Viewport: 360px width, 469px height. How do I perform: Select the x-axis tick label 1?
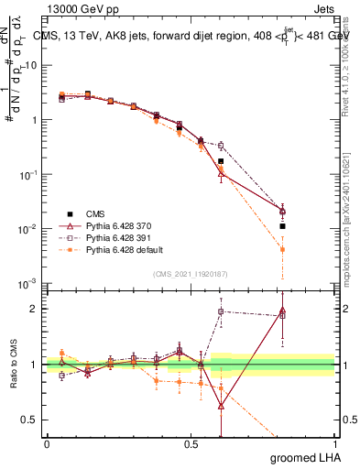coord(334,444)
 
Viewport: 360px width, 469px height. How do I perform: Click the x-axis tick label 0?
coord(47,444)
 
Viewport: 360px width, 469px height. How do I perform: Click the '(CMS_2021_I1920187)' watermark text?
coord(191,274)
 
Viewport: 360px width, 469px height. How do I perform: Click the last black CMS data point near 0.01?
coord(283,226)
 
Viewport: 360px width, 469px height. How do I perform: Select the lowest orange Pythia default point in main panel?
coord(283,249)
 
